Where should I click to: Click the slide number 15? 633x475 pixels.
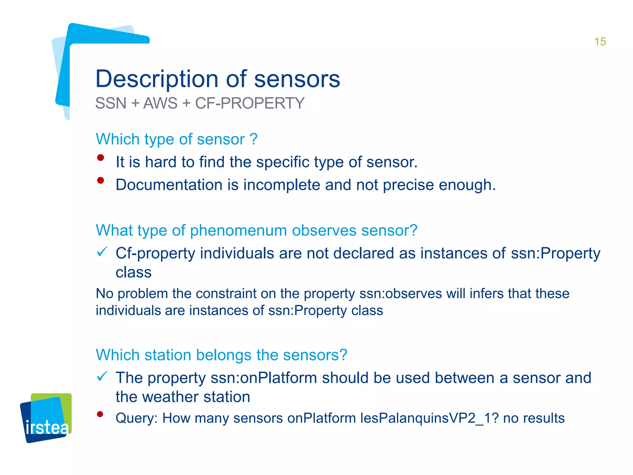[x=600, y=42]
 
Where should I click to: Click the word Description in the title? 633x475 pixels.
[x=157, y=79]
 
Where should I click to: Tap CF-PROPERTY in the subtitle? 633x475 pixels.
[x=250, y=103]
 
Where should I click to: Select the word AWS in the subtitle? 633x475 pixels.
[x=160, y=103]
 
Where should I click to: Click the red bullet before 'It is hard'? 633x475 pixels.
[x=100, y=158]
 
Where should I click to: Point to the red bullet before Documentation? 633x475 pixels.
[x=100, y=181]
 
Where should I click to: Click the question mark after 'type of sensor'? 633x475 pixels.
[x=254, y=139]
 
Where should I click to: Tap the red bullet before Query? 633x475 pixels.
[x=100, y=414]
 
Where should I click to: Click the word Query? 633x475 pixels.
[x=136, y=418]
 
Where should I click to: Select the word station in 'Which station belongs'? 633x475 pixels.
[x=168, y=355]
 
